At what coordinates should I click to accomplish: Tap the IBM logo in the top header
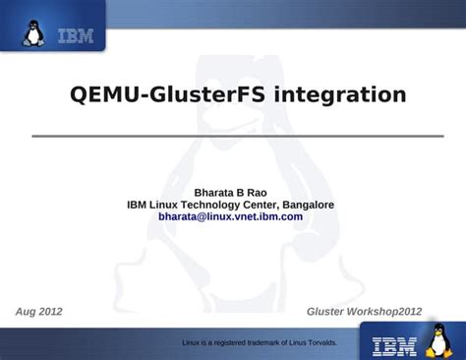76,37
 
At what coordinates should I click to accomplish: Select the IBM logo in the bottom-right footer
395,345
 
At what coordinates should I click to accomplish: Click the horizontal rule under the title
232,136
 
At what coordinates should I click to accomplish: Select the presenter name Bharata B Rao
230,192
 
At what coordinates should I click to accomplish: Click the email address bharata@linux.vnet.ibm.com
230,216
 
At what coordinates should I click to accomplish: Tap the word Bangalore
304,205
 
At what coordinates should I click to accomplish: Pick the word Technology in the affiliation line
201,205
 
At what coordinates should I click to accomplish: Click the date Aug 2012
39,311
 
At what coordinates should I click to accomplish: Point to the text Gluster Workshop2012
364,311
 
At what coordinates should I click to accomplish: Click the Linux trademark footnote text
260,342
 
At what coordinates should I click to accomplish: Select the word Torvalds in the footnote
320,342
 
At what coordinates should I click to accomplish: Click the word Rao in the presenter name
256,192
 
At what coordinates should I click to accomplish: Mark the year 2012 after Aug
49,311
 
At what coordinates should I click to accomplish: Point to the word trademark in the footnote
252,342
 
